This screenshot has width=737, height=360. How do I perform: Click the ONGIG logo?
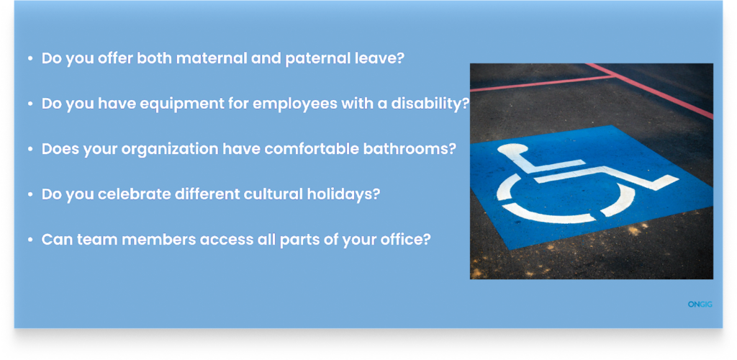coord(700,305)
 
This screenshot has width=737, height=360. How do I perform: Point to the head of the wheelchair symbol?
coord(512,150)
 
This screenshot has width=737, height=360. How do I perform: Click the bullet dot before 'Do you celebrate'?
coord(30,194)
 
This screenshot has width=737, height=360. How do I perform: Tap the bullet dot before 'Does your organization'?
coord(30,150)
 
